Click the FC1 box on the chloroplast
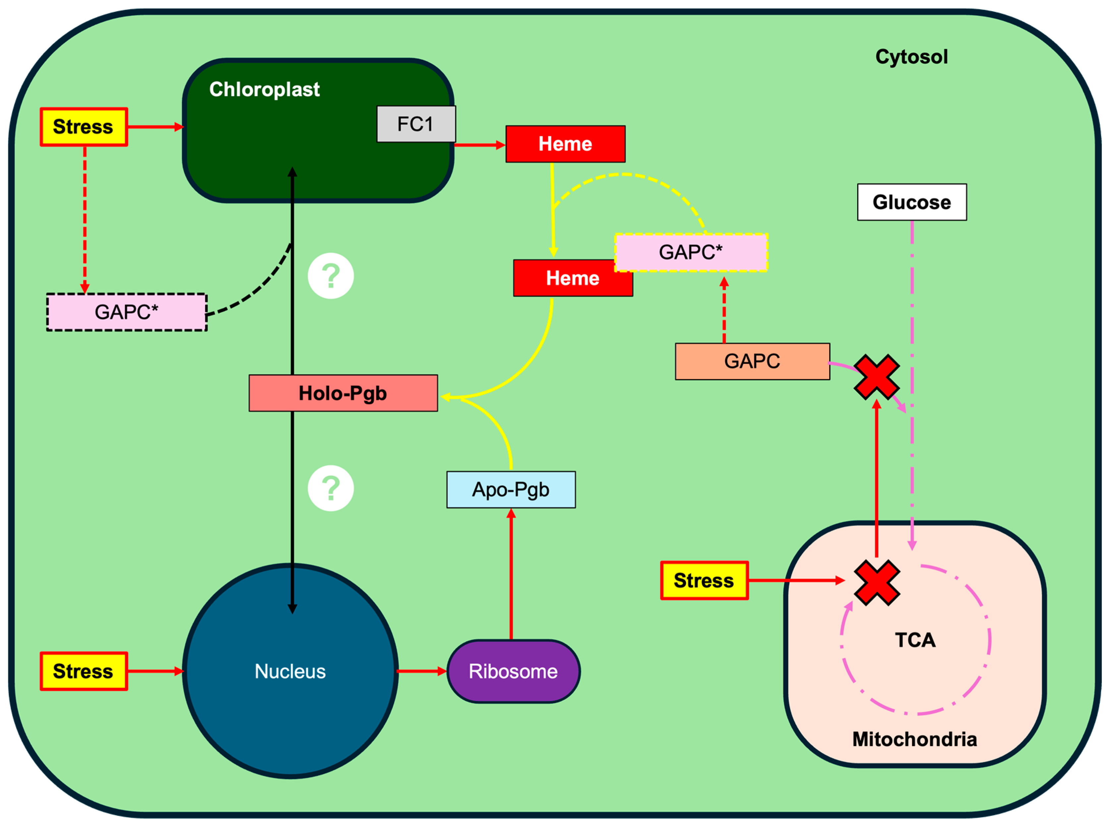click(416, 124)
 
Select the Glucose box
click(912, 202)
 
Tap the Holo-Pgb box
click(343, 393)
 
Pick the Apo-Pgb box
click(511, 489)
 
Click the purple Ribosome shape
click(514, 671)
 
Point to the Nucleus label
click(290, 671)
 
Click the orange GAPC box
click(752, 361)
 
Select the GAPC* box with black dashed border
click(127, 312)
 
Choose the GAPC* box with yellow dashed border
click(691, 252)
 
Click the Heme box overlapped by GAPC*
click(566, 279)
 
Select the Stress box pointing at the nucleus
click(84, 671)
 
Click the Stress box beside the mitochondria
click(704, 581)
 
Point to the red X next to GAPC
click(877, 377)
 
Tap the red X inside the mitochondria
click(877, 583)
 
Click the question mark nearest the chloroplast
click(331, 276)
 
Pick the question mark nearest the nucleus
click(331, 488)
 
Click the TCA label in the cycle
click(915, 640)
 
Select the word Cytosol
click(912, 57)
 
